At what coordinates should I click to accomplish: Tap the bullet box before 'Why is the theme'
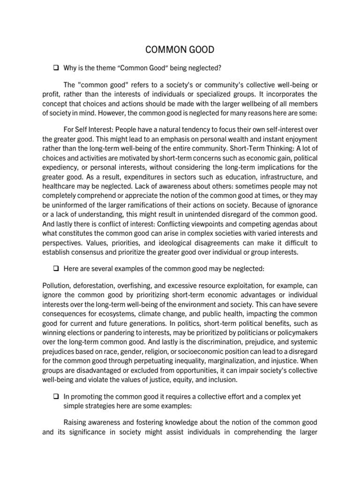[x=54, y=68]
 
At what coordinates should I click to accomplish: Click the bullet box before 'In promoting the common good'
[x=54, y=396]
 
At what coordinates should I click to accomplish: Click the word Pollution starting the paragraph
[x=57, y=285]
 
